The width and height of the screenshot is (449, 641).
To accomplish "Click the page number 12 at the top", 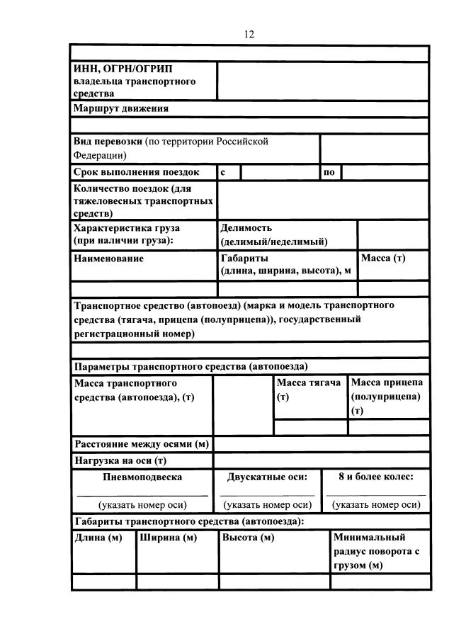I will pos(249,34).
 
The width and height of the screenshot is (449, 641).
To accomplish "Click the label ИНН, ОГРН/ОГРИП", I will pos(122,69).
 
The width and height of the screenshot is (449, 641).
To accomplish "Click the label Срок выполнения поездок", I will pos(137,172).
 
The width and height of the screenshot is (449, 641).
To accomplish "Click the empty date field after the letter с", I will pos(279,172).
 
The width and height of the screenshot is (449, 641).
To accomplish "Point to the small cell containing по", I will pos(329,172).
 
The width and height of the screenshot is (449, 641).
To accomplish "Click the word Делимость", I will pos(246,228).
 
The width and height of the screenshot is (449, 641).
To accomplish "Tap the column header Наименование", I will pos(108,259).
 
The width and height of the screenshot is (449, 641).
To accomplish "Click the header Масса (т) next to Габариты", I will pos(383,259).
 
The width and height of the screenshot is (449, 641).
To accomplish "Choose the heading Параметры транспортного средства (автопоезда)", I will pos(191,366).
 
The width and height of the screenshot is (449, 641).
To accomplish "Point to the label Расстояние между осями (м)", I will pos(142,444).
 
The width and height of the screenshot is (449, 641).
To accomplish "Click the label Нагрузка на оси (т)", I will pos(120,460).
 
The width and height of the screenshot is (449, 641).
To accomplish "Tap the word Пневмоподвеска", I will pos(142,477).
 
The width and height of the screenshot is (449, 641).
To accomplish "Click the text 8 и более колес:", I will pos(375,477).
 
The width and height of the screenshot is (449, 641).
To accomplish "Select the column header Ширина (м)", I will pos(168,538).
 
